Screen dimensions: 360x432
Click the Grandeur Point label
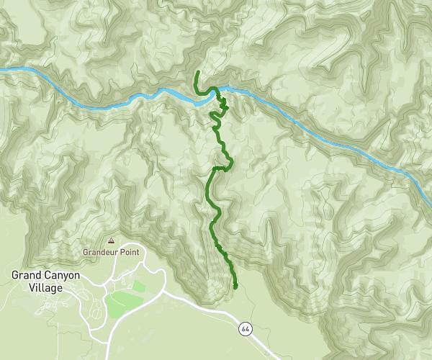(110, 253)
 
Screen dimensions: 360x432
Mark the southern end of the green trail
(235, 287)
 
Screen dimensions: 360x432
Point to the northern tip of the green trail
(197, 73)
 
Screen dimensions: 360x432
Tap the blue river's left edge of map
(2, 69)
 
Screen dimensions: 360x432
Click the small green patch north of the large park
(138, 286)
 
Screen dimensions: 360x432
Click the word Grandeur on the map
(99, 253)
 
